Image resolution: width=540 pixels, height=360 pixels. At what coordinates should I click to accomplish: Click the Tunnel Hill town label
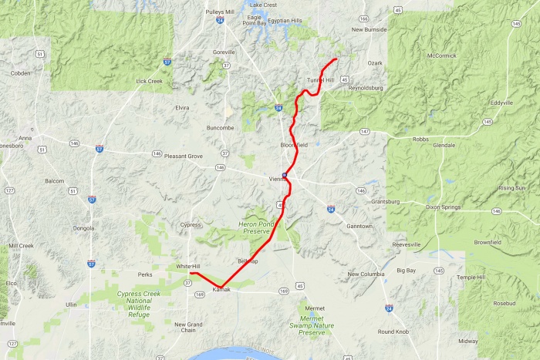coord(321,80)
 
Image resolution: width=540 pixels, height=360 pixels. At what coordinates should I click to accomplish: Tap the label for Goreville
coord(224,52)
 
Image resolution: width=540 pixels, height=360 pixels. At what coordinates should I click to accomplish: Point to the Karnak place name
coord(221,289)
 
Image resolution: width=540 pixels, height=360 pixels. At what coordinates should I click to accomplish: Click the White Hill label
coord(188,266)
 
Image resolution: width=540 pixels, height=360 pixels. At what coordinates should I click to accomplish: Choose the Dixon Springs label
coord(444,207)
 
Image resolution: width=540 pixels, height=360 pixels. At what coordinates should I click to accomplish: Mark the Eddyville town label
coord(501,103)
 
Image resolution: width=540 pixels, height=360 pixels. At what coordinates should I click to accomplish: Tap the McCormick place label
coord(441,56)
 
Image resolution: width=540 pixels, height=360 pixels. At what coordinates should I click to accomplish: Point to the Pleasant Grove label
coord(183,156)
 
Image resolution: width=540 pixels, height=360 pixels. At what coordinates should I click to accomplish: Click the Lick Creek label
coord(149,81)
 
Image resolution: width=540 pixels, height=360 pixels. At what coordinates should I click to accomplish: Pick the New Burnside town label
coord(368,29)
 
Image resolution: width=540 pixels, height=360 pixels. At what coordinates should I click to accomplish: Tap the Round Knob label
coord(394,331)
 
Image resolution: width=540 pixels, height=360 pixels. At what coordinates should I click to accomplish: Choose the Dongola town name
coord(85,228)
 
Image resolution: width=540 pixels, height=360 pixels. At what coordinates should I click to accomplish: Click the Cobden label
coord(20,73)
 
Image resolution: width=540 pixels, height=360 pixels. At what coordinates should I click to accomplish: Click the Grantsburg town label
coord(386,202)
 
